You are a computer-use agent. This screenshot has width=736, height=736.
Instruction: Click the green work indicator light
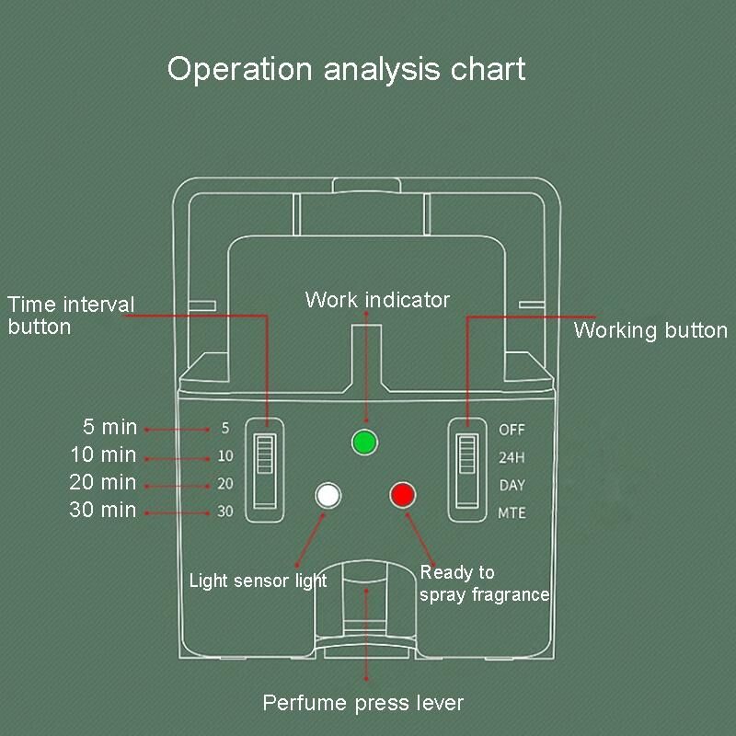pyautogui.click(x=365, y=443)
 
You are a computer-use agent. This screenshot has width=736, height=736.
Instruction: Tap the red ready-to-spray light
pyautogui.click(x=403, y=495)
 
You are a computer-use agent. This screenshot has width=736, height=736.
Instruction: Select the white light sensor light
pyautogui.click(x=328, y=495)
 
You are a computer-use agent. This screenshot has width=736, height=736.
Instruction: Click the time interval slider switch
pyautogui.click(x=266, y=470)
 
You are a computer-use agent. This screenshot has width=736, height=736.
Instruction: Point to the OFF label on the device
pyautogui.click(x=512, y=429)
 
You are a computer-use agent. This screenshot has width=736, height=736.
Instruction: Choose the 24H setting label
pyautogui.click(x=512, y=456)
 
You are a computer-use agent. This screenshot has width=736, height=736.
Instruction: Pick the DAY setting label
pyautogui.click(x=512, y=485)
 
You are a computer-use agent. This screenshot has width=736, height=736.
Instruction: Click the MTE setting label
pyautogui.click(x=512, y=512)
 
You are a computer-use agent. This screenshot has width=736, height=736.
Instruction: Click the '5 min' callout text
pyautogui.click(x=109, y=427)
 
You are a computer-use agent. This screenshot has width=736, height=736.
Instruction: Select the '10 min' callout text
pyautogui.click(x=103, y=454)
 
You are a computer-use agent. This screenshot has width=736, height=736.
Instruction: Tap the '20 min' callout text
pyautogui.click(x=103, y=482)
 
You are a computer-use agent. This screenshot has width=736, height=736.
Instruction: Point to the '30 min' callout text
pyautogui.click(x=103, y=510)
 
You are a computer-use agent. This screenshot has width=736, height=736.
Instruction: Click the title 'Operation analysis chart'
pyautogui.click(x=347, y=70)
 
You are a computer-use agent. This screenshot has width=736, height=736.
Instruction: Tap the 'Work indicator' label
pyautogui.click(x=377, y=300)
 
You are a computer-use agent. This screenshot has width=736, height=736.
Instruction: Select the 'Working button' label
pyautogui.click(x=650, y=331)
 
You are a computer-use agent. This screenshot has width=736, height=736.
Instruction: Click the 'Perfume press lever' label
pyautogui.click(x=363, y=704)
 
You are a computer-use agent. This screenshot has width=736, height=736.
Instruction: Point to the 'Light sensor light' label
pyautogui.click(x=258, y=581)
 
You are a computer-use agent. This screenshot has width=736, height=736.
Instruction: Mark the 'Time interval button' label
pyautogui.click(x=71, y=315)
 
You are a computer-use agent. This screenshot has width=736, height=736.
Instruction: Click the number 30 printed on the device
pyautogui.click(x=225, y=512)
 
